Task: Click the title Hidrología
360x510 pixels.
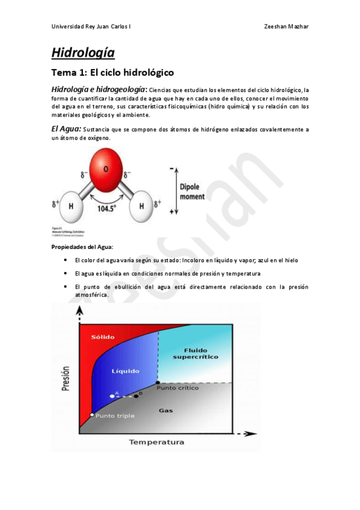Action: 83,52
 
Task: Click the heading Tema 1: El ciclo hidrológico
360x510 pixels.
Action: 112,73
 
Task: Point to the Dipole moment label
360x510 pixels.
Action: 192,191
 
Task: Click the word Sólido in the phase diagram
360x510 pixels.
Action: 103,337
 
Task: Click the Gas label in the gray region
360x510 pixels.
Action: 165,410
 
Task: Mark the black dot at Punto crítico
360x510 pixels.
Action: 158,382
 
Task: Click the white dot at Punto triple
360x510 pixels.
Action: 92,415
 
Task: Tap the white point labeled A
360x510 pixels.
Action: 112,396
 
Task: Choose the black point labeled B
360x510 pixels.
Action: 136,396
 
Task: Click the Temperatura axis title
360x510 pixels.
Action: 156,442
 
